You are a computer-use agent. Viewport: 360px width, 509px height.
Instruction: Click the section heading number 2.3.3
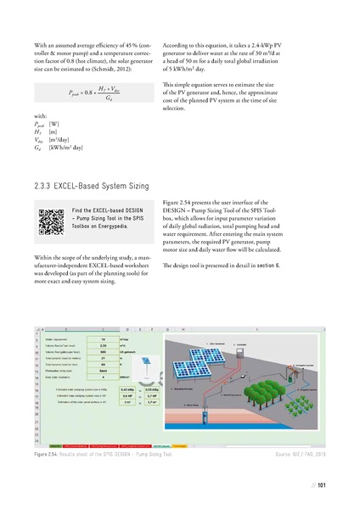45,183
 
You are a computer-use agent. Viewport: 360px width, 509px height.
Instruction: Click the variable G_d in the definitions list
38,147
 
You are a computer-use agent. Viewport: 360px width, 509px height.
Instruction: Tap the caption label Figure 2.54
53,454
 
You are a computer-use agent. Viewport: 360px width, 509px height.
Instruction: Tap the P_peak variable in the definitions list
40,124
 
